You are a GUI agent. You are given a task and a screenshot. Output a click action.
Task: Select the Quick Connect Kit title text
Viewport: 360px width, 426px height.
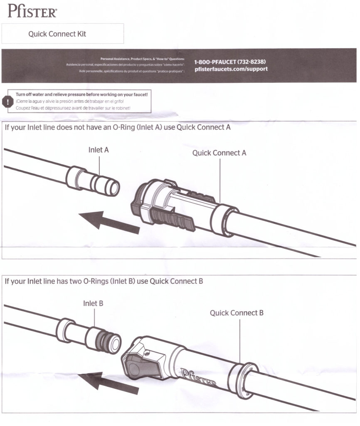[57, 34]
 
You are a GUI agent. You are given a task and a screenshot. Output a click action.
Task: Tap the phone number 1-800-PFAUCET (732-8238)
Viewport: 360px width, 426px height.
[230, 62]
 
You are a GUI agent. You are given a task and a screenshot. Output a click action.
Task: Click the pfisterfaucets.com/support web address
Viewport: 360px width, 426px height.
[231, 69]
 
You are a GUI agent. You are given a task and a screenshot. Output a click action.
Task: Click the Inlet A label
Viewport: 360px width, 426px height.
[99, 150]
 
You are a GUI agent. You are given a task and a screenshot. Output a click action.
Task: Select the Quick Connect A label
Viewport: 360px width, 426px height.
[219, 153]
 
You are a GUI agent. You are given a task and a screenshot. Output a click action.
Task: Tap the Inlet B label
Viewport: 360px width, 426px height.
[93, 303]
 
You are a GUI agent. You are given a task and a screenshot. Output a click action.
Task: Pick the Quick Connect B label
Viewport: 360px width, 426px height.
[236, 312]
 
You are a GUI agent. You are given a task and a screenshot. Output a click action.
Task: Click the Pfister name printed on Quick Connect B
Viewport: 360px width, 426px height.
[199, 377]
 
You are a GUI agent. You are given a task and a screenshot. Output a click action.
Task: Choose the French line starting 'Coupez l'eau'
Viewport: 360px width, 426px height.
[73, 108]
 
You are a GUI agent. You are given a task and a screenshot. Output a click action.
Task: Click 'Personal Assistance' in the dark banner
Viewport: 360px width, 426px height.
[115, 59]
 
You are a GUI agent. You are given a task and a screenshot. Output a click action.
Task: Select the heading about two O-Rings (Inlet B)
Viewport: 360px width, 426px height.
[104, 281]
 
